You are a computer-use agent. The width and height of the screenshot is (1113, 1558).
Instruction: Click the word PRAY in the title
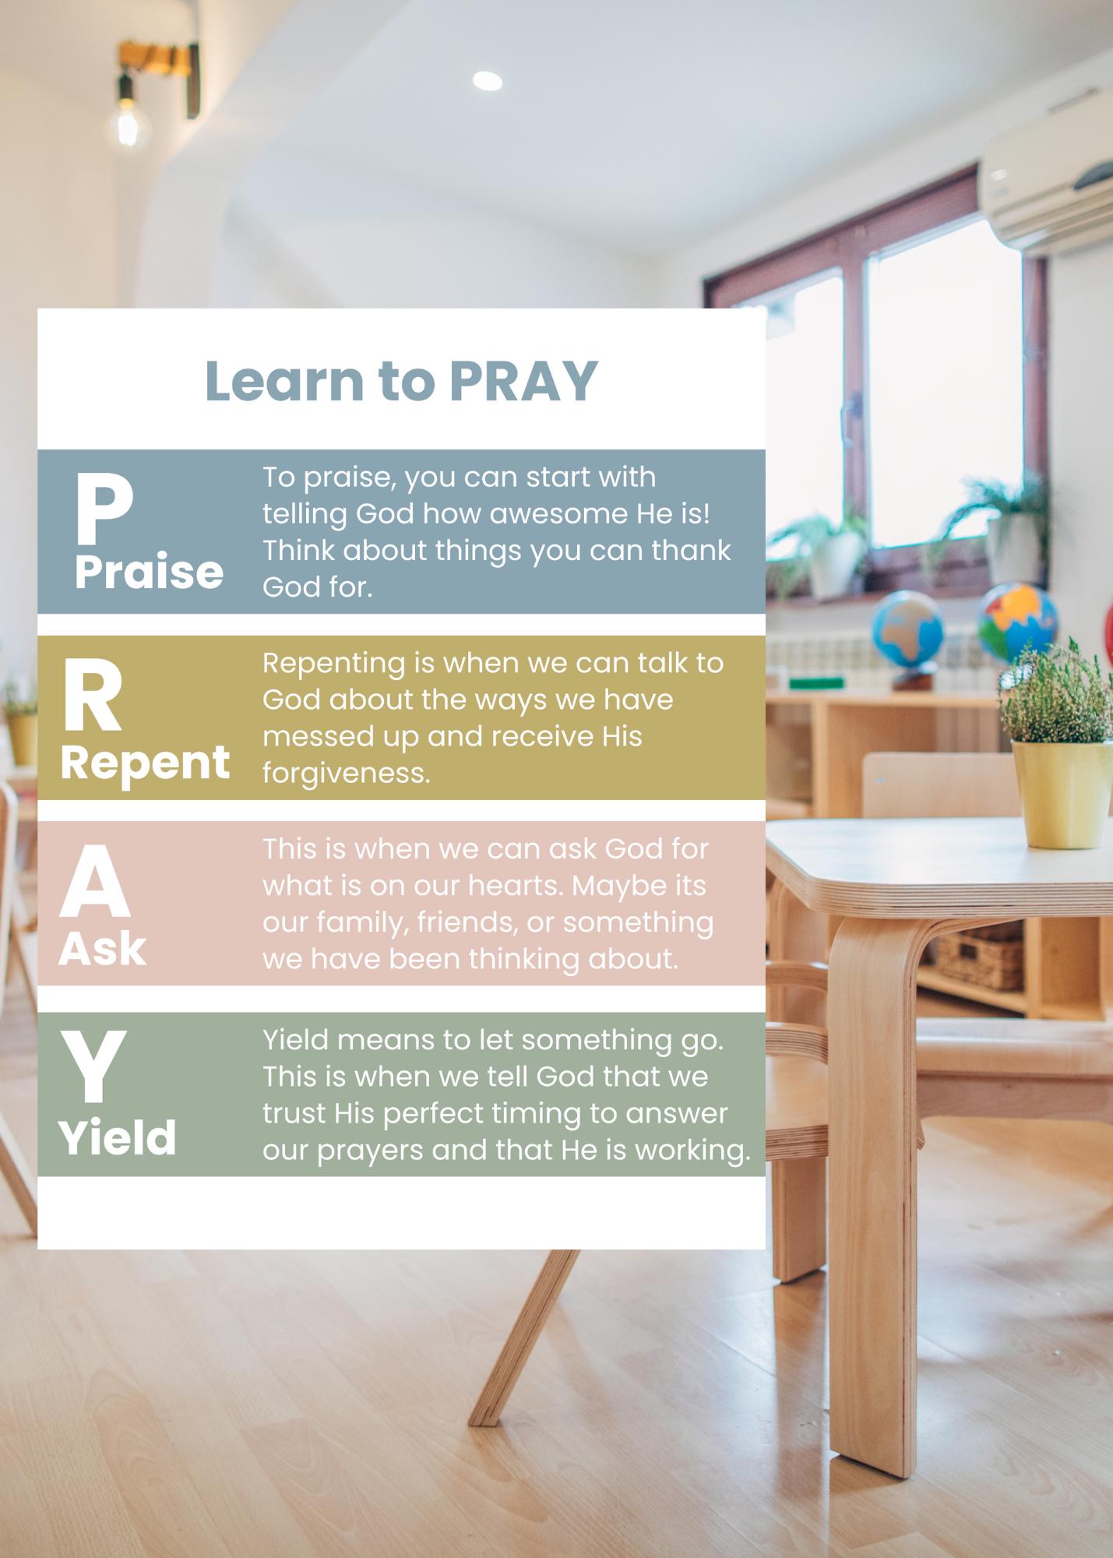point(523,382)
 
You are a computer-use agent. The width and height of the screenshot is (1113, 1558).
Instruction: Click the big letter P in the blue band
point(103,510)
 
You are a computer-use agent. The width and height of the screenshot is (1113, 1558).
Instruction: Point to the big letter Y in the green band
point(93,1067)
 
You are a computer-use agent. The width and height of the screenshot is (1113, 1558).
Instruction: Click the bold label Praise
point(149,573)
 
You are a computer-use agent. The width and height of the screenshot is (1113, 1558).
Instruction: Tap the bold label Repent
point(145,763)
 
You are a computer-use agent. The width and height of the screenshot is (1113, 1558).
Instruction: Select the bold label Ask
point(102,949)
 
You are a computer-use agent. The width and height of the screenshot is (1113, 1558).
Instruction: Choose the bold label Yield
point(118,1138)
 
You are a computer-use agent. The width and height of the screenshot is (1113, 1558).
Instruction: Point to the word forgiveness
point(346,774)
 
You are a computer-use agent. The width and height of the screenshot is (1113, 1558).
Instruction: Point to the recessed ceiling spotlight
point(487,80)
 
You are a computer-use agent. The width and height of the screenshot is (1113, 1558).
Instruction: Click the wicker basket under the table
point(979,961)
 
